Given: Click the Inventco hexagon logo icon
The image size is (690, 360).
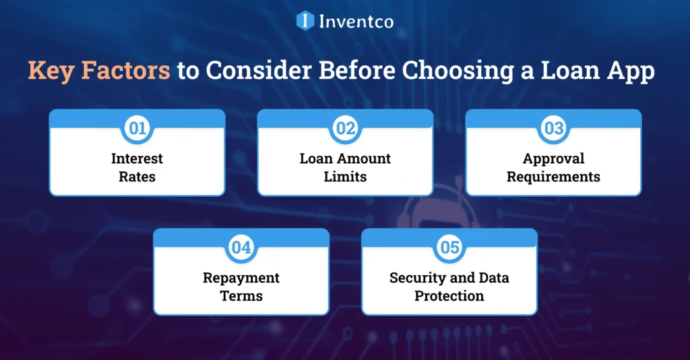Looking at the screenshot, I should [305, 21].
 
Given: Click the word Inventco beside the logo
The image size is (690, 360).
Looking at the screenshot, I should [356, 21].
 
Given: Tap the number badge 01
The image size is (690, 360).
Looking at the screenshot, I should [137, 129].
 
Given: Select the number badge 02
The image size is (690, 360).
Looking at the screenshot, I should [346, 129].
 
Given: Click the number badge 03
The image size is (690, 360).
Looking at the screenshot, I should [554, 129].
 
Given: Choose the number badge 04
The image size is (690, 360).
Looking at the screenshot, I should [241, 247].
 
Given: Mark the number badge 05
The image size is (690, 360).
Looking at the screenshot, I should [449, 247].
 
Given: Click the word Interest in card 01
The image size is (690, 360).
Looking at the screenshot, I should [137, 159].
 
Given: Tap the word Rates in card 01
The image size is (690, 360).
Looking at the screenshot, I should [137, 177].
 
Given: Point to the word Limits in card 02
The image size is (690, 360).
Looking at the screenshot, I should [346, 177].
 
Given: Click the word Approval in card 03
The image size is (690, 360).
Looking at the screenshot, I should [554, 159].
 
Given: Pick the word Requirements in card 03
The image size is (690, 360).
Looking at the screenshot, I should [554, 177].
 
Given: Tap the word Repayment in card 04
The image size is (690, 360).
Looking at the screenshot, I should [241, 278].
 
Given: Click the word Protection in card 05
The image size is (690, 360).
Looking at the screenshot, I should [449, 295].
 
